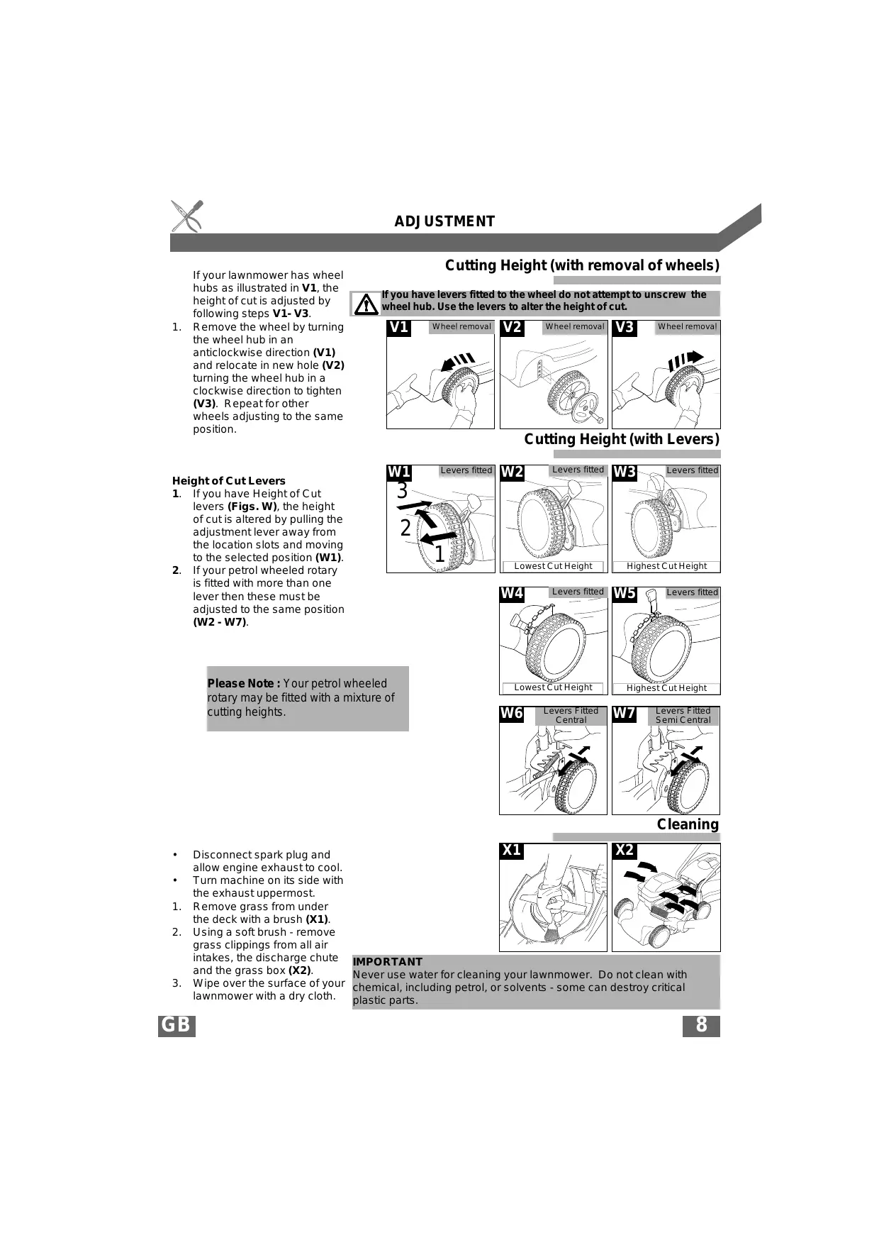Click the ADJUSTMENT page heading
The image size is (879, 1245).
click(x=444, y=221)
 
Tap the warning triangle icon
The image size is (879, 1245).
click(x=366, y=304)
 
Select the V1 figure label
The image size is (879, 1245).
click(x=399, y=327)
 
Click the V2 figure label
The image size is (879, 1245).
click(x=512, y=327)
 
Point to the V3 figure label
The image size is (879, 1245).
click(x=625, y=327)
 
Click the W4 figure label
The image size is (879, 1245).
click(x=512, y=593)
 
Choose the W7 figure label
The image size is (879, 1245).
click(x=625, y=714)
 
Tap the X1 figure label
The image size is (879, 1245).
click(x=511, y=850)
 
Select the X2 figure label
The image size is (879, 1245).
click(x=625, y=850)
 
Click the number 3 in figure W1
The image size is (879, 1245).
click(x=402, y=491)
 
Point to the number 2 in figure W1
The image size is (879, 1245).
click(x=405, y=528)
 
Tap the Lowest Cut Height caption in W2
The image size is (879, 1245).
click(x=553, y=566)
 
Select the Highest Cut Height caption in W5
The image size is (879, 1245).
click(x=666, y=687)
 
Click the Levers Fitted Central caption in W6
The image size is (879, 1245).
click(x=571, y=715)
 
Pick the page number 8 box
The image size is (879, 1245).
click(x=701, y=1026)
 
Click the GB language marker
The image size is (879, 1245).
click(x=176, y=1026)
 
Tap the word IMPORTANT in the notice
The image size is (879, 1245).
click(x=388, y=962)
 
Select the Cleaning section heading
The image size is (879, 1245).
click(x=688, y=824)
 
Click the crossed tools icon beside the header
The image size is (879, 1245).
click(x=187, y=216)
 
